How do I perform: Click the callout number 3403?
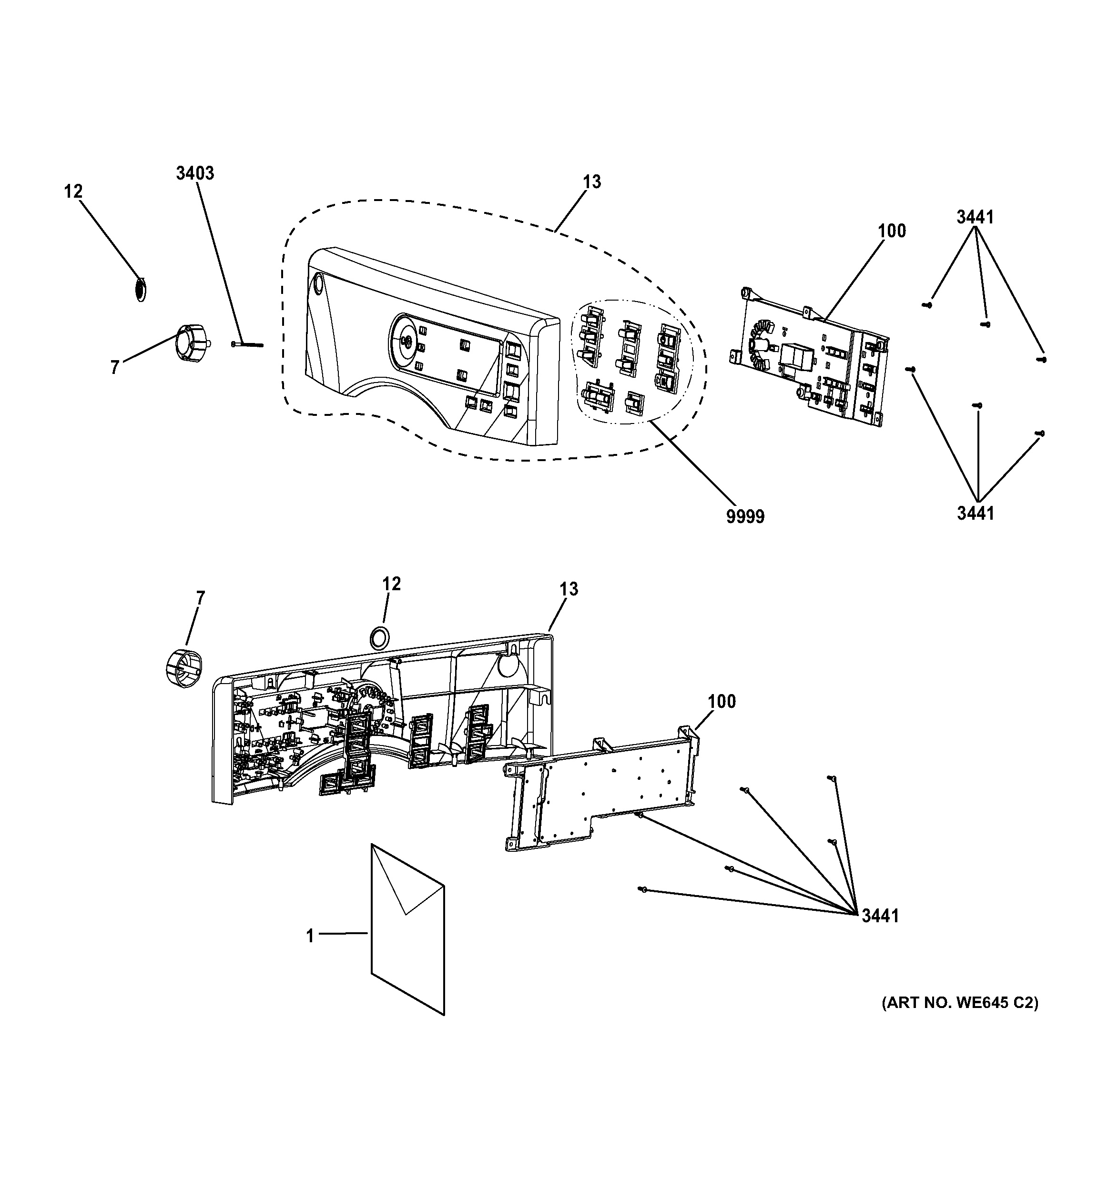194,173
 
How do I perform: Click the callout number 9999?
745,516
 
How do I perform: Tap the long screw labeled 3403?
247,344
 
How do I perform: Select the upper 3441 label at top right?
975,218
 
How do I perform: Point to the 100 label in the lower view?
721,702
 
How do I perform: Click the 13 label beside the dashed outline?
591,181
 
